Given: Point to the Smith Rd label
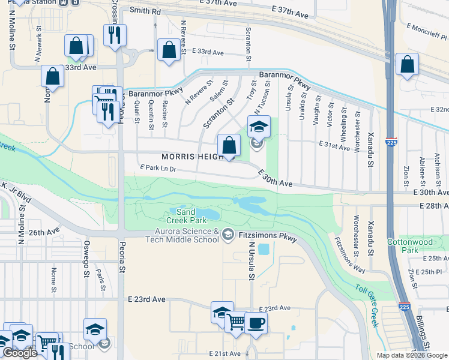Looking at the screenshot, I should click(x=145, y=11).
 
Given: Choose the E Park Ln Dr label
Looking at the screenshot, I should click(x=157, y=169).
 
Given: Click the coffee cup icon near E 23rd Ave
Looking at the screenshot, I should click(x=256, y=323).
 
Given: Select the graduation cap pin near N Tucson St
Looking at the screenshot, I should click(x=259, y=127).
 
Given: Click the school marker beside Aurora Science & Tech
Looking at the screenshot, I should click(x=228, y=233).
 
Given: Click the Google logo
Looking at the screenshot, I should click(x=20, y=353).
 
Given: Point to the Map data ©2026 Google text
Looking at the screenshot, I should click(x=412, y=355).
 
